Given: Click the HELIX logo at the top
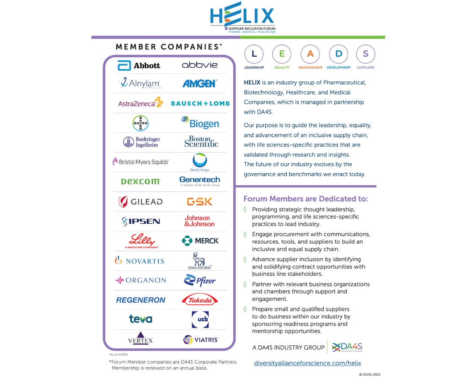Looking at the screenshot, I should [243, 17].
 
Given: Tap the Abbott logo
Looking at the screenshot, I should [139, 65].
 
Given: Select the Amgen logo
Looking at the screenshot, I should [200, 83].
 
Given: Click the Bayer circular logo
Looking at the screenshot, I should [140, 123].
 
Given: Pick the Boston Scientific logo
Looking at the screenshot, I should [201, 142].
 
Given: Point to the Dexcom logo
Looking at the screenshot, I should [141, 181].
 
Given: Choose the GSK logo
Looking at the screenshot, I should [199, 202].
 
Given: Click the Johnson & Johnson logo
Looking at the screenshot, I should [199, 221].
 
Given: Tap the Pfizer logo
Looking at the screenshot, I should [200, 280].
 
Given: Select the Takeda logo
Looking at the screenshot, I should [200, 300].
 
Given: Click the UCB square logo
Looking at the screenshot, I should [200, 319].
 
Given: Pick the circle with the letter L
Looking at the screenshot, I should [254, 54].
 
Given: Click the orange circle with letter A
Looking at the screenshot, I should [310, 54].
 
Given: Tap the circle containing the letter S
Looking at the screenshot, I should [366, 54].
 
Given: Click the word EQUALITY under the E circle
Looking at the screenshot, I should [282, 67].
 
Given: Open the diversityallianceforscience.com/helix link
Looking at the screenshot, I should [307, 363].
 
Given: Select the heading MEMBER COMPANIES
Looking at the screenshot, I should [169, 47].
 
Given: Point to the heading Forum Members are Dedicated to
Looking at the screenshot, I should [306, 199].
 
